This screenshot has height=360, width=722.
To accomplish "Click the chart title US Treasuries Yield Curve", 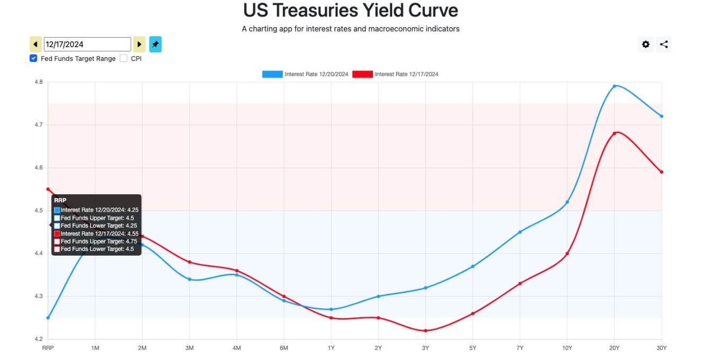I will (x=351, y=11).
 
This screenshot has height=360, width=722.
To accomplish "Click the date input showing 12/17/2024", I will (x=87, y=44).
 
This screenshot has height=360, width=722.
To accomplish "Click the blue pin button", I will (x=155, y=44).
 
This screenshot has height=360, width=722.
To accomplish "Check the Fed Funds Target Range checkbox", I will (x=33, y=58).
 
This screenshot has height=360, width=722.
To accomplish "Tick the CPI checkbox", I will (x=123, y=58).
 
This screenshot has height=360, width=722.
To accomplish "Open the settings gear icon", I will (x=646, y=44).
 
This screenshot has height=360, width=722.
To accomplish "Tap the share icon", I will (x=664, y=44).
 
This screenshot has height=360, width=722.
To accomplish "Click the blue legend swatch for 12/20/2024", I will (x=272, y=74).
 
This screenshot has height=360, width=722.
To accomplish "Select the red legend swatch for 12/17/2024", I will (x=362, y=74).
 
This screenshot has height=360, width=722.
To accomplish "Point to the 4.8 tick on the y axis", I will (x=39, y=82).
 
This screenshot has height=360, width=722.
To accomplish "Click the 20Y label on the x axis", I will (x=614, y=348).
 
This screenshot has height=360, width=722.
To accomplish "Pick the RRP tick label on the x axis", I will (x=48, y=348).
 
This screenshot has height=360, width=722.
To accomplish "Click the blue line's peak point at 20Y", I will (x=614, y=86).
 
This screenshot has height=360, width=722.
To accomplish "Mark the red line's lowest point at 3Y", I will (x=425, y=331).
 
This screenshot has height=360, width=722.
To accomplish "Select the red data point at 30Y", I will (x=662, y=172).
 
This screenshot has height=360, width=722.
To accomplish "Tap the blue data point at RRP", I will (x=48, y=318).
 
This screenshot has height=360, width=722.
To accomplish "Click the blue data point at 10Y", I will (x=567, y=202).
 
